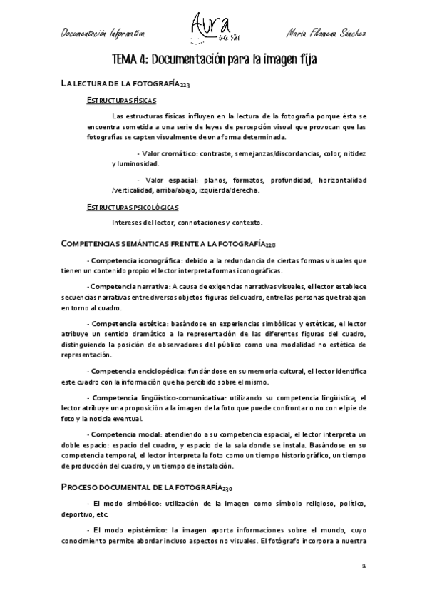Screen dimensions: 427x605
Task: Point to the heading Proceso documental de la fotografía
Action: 146,488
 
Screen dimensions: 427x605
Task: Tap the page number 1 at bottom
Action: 364,565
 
